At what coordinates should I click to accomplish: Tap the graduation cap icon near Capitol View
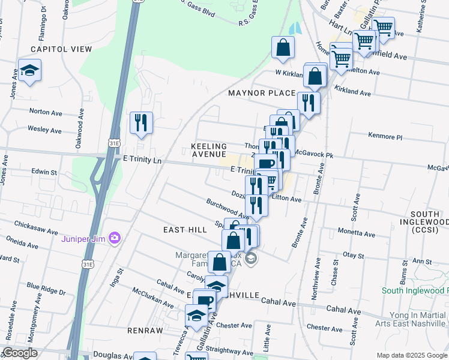[29, 71]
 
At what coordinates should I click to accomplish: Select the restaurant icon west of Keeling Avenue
[141, 122]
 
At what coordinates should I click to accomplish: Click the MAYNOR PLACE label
[262, 93]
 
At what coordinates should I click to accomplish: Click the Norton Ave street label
[46, 111]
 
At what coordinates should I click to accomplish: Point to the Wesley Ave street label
[45, 130]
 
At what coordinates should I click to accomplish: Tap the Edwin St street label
[44, 172]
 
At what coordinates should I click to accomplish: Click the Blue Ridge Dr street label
[46, 290]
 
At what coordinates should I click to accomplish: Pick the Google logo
[20, 353]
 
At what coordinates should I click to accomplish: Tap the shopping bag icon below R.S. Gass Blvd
[283, 47]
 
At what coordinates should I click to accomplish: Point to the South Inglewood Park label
[415, 291]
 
